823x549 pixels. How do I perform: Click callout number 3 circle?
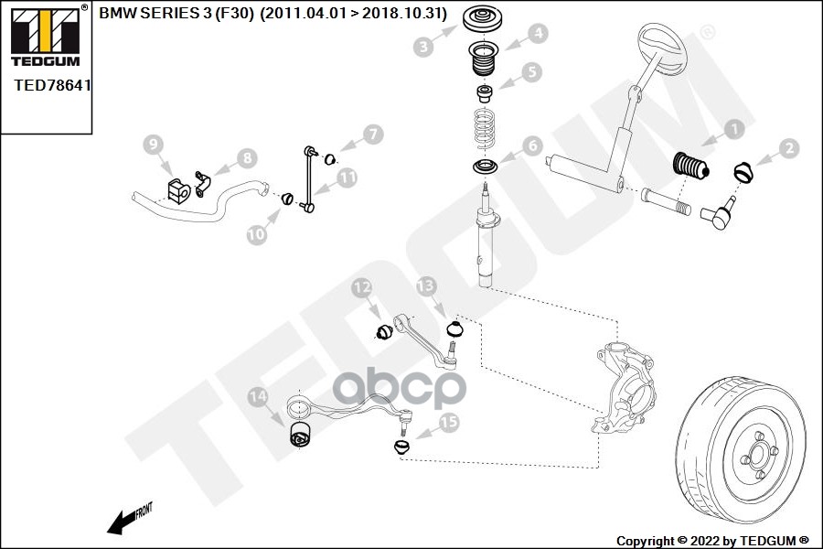pyautogui.click(x=422, y=46)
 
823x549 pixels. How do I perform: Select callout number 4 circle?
pyautogui.click(x=539, y=34)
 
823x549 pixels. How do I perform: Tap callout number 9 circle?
pyautogui.click(x=154, y=143)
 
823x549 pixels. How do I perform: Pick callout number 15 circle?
pyautogui.click(x=448, y=423)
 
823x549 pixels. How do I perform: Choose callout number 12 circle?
pyautogui.click(x=362, y=289)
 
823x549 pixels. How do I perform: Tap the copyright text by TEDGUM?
pyautogui.click(x=711, y=540)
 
